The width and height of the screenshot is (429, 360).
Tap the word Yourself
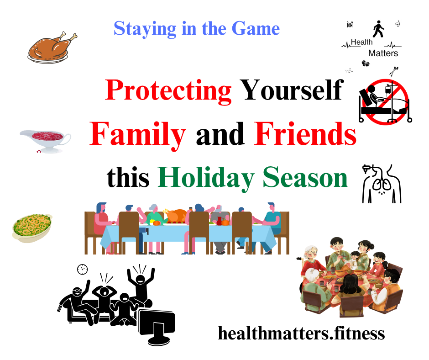tap(292, 90)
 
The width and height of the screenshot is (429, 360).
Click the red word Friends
tap(305, 134)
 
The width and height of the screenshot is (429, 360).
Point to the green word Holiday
tap(206, 179)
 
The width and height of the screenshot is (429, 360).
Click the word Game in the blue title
tap(256, 28)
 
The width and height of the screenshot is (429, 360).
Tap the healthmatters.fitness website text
tap(301, 333)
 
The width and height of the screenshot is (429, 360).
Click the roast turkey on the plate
tap(52, 47)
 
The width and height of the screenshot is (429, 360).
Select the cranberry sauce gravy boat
tap(46, 141)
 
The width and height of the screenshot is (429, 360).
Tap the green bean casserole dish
tap(32, 228)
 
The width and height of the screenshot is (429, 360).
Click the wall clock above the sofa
tap(82, 270)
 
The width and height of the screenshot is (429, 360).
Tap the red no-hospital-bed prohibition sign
tap(385, 101)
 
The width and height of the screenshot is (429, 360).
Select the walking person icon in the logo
tap(378, 29)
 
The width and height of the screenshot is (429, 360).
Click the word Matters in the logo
tap(383, 53)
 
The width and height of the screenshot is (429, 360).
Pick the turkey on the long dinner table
tap(177, 215)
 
